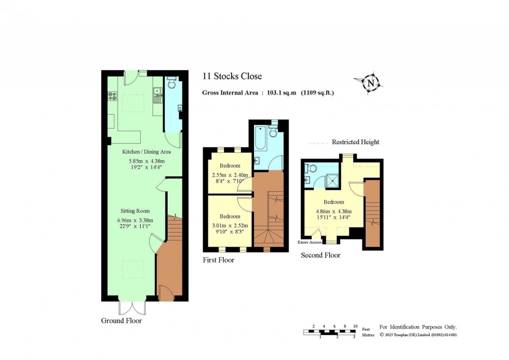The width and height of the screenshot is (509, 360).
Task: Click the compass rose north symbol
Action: click(x=370, y=83)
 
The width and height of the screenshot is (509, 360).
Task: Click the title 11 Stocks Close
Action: click(x=232, y=76)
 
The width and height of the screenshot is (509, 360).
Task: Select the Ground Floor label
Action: click(x=121, y=321)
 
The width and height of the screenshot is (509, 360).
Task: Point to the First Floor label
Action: click(x=218, y=260)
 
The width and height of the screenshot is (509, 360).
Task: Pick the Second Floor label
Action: click(x=320, y=255)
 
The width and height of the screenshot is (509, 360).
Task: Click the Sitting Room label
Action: click(x=135, y=211)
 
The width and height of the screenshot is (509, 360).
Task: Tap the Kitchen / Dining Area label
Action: click(x=147, y=152)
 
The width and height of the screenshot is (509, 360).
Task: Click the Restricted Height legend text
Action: click(x=355, y=142)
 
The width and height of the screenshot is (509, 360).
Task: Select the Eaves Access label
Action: click(x=309, y=243)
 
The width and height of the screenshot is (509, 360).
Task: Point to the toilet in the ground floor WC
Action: click(x=171, y=83)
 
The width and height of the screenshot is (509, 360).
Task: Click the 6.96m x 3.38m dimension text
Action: click(x=135, y=221)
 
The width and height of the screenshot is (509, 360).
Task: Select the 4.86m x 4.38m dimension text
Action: click(x=333, y=211)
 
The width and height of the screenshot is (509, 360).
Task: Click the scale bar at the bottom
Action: click(x=330, y=332)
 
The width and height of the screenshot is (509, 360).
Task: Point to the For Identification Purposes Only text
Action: click(x=418, y=327)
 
